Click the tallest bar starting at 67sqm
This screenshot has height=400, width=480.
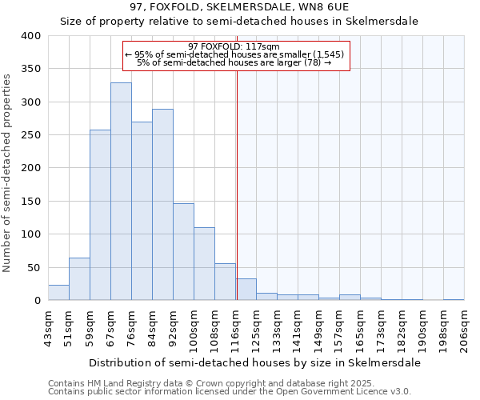point(121,192)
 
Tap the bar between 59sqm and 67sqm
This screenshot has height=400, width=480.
point(100,215)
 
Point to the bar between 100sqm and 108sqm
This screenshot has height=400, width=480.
point(204,264)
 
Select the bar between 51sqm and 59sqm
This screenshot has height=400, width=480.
point(79,279)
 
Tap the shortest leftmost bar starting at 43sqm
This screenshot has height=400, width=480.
point(58,293)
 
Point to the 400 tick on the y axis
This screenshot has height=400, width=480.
point(30,36)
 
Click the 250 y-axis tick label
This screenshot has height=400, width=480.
point(30,135)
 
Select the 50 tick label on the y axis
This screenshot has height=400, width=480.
point(33,268)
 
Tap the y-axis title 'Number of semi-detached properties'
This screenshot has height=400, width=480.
point(8,172)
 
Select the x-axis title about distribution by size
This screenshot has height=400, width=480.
point(254,362)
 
